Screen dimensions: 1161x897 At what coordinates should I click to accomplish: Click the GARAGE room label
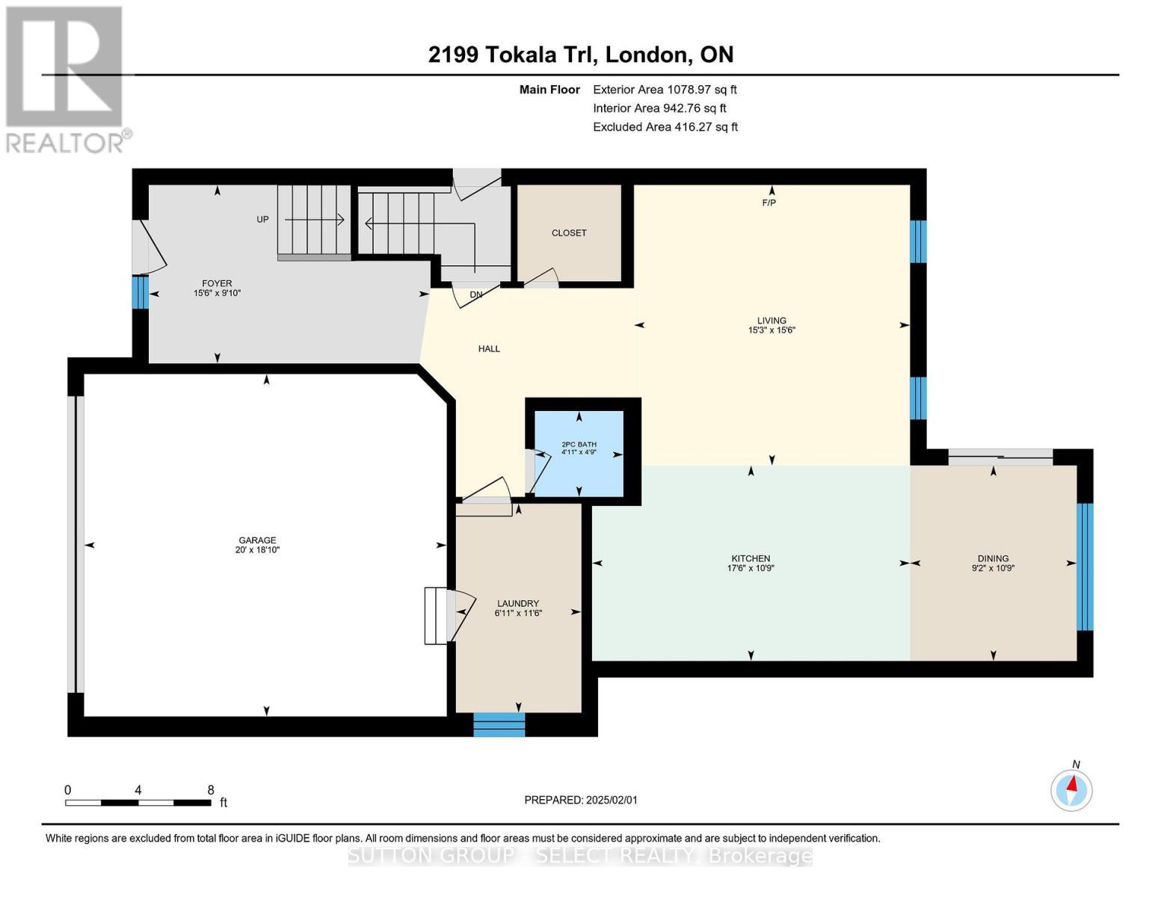pyautogui.click(x=257, y=540)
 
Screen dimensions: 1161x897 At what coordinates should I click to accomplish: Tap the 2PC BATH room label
pyautogui.click(x=579, y=445)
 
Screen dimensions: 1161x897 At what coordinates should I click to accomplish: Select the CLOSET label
pyautogui.click(x=568, y=233)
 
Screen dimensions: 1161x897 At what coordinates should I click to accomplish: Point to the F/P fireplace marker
pyautogui.click(x=769, y=203)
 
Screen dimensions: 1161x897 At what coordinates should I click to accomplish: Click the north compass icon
pyautogui.click(x=1071, y=790)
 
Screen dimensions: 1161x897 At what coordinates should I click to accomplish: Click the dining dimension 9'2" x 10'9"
pyautogui.click(x=993, y=568)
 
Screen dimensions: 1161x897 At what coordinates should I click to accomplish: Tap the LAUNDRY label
pyautogui.click(x=517, y=603)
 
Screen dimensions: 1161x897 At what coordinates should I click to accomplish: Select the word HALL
pyautogui.click(x=489, y=349)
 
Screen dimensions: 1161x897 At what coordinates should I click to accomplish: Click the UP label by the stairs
pyautogui.click(x=262, y=220)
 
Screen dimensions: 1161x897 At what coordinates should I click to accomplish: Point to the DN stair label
pyautogui.click(x=476, y=295)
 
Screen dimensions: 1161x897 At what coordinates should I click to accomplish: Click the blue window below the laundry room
pyautogui.click(x=499, y=724)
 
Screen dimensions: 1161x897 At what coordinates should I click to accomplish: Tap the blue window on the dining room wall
pyautogui.click(x=1085, y=567)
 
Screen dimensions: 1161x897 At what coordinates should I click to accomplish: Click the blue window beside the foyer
pyautogui.click(x=140, y=292)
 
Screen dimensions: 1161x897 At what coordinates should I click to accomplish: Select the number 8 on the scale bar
pyautogui.click(x=211, y=789)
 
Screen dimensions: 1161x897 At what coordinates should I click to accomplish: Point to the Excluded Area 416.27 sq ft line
pyautogui.click(x=665, y=126)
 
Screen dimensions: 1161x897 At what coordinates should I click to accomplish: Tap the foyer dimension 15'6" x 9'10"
pyautogui.click(x=217, y=293)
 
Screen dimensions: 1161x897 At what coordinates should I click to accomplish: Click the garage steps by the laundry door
pyautogui.click(x=435, y=615)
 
